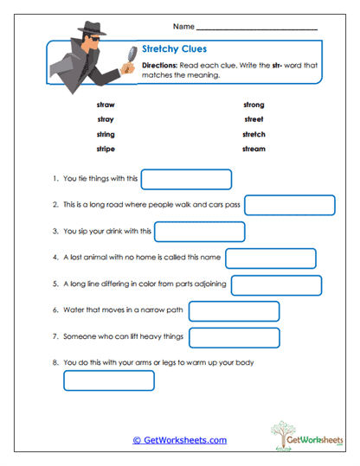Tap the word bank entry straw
[x=106, y=104]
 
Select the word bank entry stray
[x=106, y=119]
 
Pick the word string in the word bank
[x=106, y=134]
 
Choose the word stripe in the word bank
[x=106, y=149]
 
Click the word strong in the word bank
[x=254, y=104]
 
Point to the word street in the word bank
[x=254, y=119]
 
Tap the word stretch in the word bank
[x=254, y=134]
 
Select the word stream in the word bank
[x=254, y=149]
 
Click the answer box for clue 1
[x=186, y=179]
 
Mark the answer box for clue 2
[x=290, y=205]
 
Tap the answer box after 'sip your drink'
[x=199, y=232]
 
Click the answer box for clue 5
[x=276, y=284]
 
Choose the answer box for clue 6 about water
[x=234, y=310]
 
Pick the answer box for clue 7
[x=234, y=336]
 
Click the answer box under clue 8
[x=109, y=380]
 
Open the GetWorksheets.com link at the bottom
[x=179, y=440]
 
